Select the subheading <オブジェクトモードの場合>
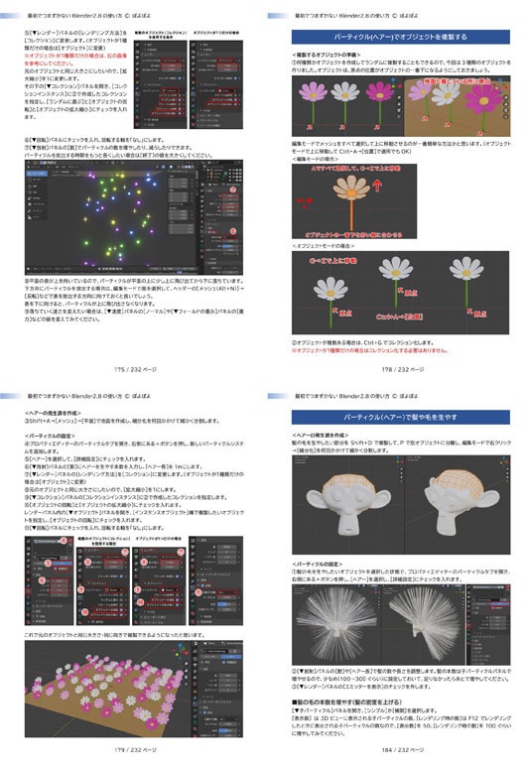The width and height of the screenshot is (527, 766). coord(328,245)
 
